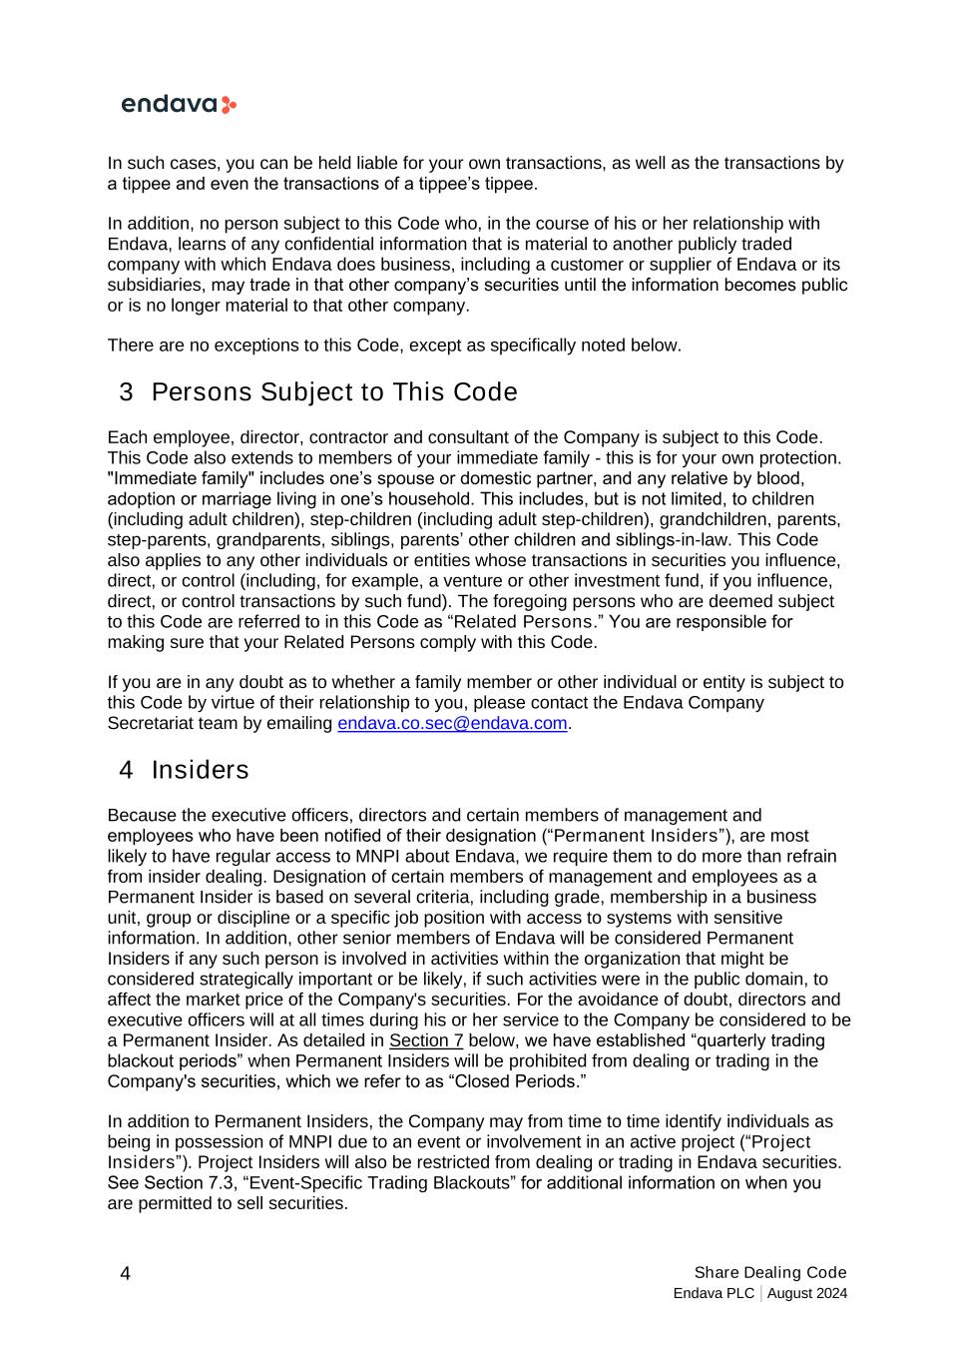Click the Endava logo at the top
pos(179,105)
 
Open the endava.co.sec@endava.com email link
pos(452,723)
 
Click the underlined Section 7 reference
pos(426,1040)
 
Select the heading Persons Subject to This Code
pos(334,392)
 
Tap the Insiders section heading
pos(200,770)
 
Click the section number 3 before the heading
pos(126,392)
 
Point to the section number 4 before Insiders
pos(126,770)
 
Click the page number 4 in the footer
pos(125,1273)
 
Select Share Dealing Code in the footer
pos(770,1272)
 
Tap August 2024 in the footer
pos(808,1294)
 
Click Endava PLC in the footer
pos(714,1294)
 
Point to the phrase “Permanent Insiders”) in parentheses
pos(640,836)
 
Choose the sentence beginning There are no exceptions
pos(394,345)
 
